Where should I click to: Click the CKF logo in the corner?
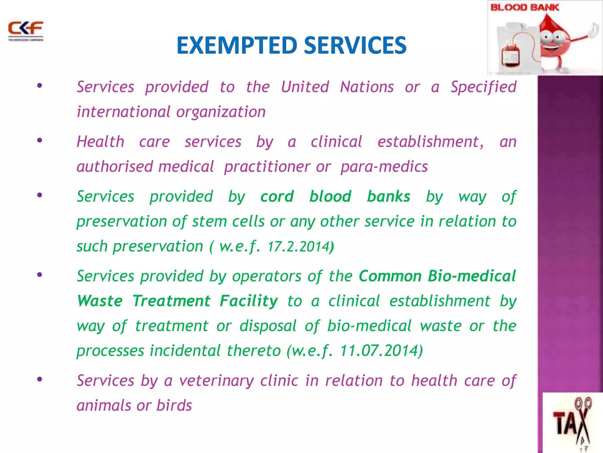tap(26, 30)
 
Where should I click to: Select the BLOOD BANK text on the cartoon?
tap(525, 7)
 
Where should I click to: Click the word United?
tap(305, 87)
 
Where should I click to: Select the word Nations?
tap(367, 87)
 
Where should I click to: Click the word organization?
tap(221, 112)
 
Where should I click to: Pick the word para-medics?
tap(384, 167)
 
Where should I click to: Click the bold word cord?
tap(277, 196)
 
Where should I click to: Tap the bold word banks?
tap(388, 196)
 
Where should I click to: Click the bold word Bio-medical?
tap(472, 276)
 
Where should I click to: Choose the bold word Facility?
tap(249, 301)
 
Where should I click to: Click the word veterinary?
tap(216, 380)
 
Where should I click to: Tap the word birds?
tap(174, 406)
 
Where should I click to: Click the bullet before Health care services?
tap(40, 140)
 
